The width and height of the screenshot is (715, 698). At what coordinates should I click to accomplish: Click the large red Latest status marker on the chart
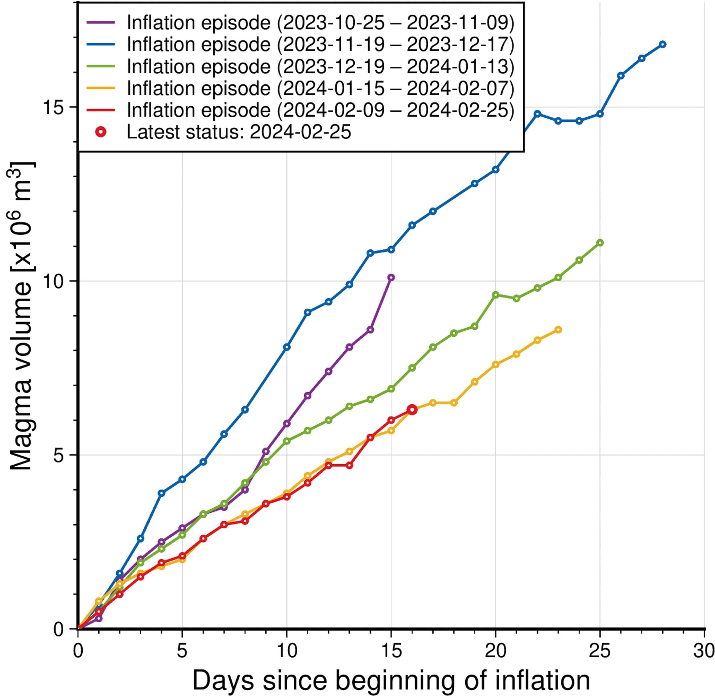(x=412, y=410)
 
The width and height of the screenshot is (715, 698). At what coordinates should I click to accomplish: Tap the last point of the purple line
(x=391, y=278)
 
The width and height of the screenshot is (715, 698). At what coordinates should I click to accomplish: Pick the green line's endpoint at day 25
(x=600, y=243)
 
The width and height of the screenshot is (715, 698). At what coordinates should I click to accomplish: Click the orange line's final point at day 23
(x=558, y=330)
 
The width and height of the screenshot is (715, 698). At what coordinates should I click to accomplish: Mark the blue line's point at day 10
(x=287, y=347)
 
